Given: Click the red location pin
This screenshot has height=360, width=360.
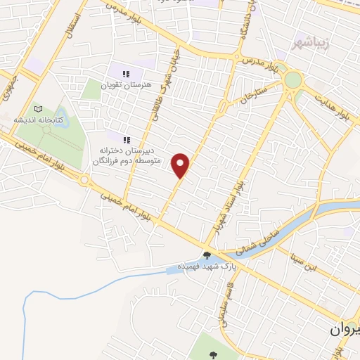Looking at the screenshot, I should pyautogui.click(x=181, y=165).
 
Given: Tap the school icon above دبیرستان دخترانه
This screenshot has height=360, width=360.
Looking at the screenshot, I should pyautogui.click(x=127, y=139).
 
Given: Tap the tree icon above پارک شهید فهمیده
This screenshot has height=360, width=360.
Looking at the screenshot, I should pyautogui.click(x=207, y=256).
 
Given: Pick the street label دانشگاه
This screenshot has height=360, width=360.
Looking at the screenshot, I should pyautogui.click(x=245, y=25).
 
